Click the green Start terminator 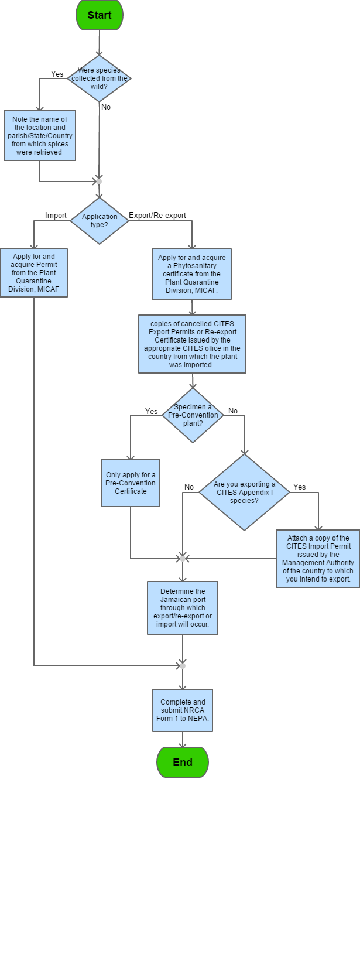pos(100,15)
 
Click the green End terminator pos(183,762)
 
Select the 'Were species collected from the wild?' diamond pos(99,78)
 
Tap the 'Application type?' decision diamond pos(100,221)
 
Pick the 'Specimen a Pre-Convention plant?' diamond pos(193,415)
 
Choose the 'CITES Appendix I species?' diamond pos(244,493)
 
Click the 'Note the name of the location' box pos(40,135)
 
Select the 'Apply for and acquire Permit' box pos(34,273)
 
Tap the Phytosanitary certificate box pos(192,274)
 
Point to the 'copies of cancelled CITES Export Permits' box pos(192,344)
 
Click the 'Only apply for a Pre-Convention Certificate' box pos(131,483)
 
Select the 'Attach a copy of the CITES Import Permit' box pos(318,559)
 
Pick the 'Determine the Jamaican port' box pos(183,608)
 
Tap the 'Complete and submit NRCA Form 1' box pos(183,710)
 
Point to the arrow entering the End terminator pos(183,740)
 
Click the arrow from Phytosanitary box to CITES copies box pos(192,308)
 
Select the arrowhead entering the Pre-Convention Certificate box pos(131,456)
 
